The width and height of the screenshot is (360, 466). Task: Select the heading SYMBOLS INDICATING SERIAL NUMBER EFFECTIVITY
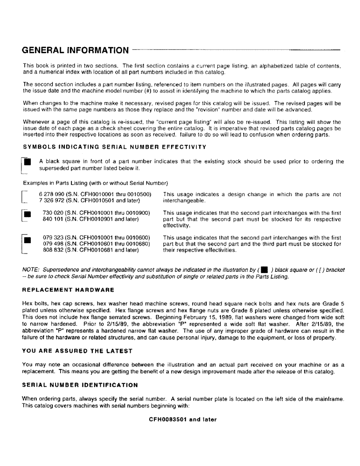pyautogui.click(x=114, y=147)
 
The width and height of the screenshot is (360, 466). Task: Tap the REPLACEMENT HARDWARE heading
pyautogui.click(x=68, y=290)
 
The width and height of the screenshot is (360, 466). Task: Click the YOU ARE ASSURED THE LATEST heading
pyautogui.click(x=77, y=351)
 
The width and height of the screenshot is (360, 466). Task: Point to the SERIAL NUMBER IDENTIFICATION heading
pyautogui.click(x=80, y=385)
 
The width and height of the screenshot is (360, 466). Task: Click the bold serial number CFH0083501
pyautogui.click(x=168, y=419)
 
